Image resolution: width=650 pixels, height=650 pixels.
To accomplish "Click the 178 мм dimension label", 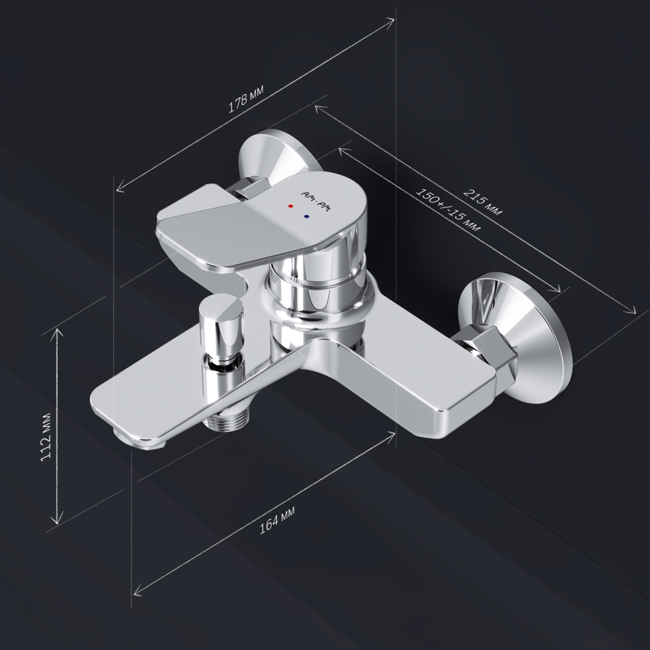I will [x=246, y=101].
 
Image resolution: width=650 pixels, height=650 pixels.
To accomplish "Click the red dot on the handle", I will [x=291, y=205].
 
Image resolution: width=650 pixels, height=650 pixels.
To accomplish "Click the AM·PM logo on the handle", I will [x=317, y=200].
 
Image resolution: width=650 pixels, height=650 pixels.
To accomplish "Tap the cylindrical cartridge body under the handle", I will [x=318, y=286].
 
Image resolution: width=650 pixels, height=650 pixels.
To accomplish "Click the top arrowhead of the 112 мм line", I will [x=60, y=330].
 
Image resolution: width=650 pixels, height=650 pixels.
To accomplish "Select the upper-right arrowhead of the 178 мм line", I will [x=392, y=20].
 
